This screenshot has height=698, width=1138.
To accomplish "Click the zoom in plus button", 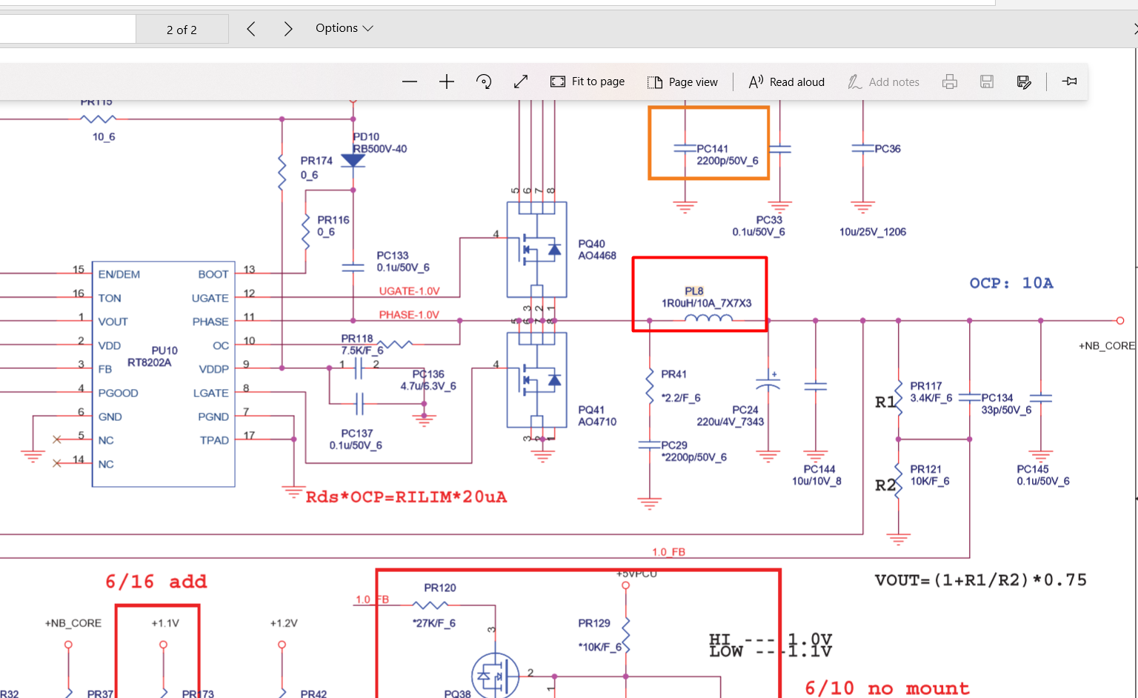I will click(446, 82).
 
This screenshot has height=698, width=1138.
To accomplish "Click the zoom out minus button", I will click(410, 82).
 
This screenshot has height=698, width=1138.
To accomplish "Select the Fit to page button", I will click(588, 82).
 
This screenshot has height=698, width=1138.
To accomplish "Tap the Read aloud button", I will click(786, 82).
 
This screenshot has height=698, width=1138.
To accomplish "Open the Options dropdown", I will click(344, 28).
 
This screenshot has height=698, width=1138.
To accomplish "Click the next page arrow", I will click(288, 29).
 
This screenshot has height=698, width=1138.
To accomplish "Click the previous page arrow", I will click(251, 29).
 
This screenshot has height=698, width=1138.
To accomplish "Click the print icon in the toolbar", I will click(949, 82).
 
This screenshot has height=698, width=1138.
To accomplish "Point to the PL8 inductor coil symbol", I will click(708, 319).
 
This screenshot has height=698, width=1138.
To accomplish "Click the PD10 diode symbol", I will click(353, 161).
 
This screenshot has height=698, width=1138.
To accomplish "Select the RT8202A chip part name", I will click(149, 362).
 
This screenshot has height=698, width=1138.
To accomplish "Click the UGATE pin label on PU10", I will click(210, 298).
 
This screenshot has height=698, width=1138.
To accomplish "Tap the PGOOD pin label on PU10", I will click(118, 393).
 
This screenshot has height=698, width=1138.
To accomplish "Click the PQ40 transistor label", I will click(591, 244).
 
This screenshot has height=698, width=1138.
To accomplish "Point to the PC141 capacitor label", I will click(712, 149).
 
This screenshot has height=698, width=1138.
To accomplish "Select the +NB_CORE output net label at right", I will click(1106, 345).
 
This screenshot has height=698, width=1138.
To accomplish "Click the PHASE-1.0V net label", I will click(409, 315).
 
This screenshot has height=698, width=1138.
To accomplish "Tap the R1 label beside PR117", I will click(885, 402).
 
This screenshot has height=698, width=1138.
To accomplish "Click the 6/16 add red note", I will click(156, 582).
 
